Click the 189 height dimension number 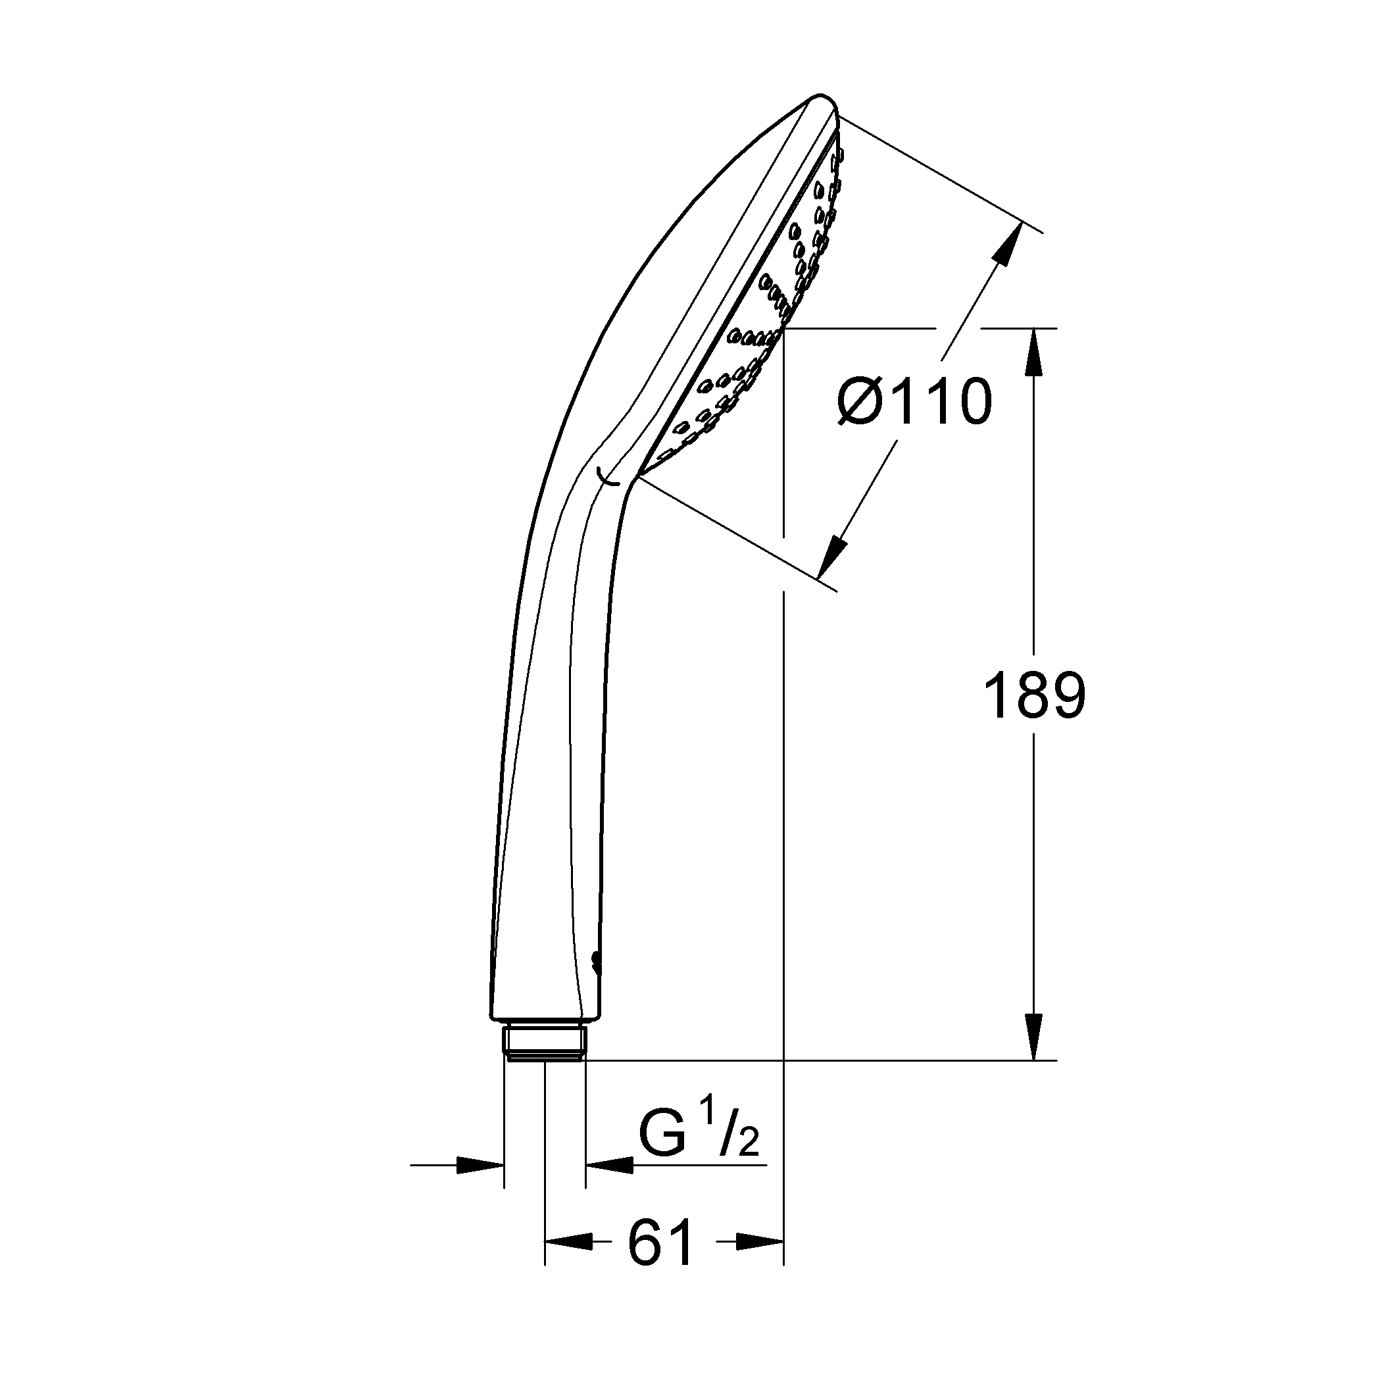point(1035,695)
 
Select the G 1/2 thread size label point(699,1136)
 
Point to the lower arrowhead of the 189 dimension point(1033,1037)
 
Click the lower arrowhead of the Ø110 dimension point(831,556)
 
